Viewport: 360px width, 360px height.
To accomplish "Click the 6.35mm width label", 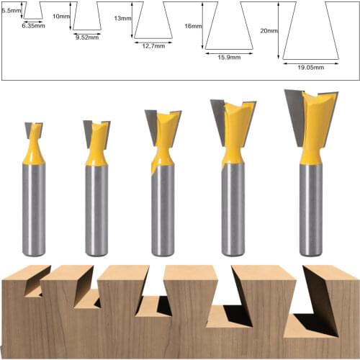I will (x=33, y=25).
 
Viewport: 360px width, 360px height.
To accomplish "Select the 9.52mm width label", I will (x=86, y=36).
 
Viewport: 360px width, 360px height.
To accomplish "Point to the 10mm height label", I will (x=62, y=16).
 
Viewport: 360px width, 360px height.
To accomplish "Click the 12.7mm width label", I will (x=152, y=45).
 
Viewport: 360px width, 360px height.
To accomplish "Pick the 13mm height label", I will (x=122, y=19).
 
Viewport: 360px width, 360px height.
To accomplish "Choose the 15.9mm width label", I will (x=229, y=56).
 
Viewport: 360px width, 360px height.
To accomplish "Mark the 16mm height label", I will (x=193, y=26).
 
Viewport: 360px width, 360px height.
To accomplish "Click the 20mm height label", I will (x=269, y=31).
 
